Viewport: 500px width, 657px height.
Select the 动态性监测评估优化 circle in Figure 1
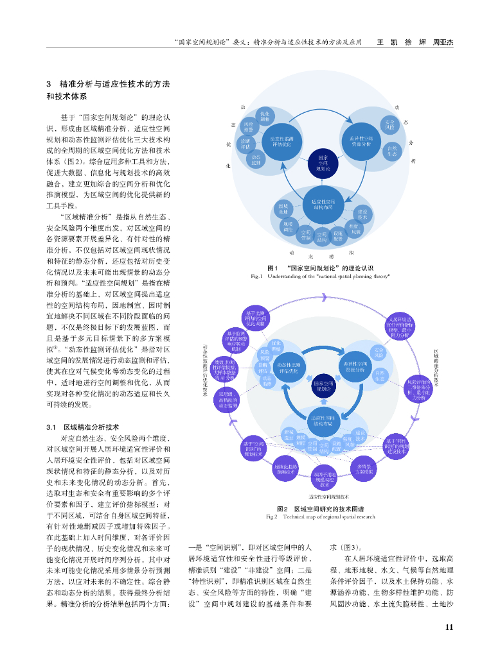point(283,141)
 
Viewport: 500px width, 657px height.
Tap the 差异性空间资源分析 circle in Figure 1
point(361,141)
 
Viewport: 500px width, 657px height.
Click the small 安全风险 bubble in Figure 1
point(389,124)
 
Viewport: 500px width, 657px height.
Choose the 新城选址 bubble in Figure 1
point(283,208)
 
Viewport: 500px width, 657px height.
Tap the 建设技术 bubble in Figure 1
point(362,214)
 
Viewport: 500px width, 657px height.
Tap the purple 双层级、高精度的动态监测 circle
point(229,399)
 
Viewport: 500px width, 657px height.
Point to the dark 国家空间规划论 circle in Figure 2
point(322,386)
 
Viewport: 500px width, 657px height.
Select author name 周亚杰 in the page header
point(443,42)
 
